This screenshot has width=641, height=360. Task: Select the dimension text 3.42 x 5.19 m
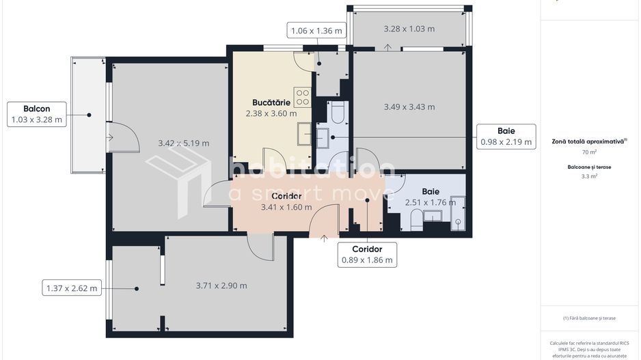click(183, 143)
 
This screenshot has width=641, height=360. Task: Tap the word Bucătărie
click(271, 102)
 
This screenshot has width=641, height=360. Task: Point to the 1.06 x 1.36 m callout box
click(317, 31)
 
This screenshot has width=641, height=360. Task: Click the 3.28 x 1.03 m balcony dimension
click(409, 29)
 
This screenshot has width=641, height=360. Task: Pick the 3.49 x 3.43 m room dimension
click(409, 107)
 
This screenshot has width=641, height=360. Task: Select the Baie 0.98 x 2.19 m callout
click(506, 136)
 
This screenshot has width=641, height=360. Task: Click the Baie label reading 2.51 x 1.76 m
click(430, 197)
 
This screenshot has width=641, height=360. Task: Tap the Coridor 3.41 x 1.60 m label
click(286, 202)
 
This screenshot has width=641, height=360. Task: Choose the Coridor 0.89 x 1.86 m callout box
click(367, 254)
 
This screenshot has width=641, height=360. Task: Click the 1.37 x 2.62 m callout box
click(72, 288)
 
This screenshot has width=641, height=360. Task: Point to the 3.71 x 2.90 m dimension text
click(221, 286)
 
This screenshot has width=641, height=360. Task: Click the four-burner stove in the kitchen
click(303, 97)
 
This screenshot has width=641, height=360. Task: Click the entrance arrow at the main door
click(323, 238)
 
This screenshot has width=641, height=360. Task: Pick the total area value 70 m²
click(589, 152)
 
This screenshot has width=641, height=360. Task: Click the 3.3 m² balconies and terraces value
click(589, 176)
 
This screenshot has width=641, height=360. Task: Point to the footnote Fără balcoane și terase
click(589, 318)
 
